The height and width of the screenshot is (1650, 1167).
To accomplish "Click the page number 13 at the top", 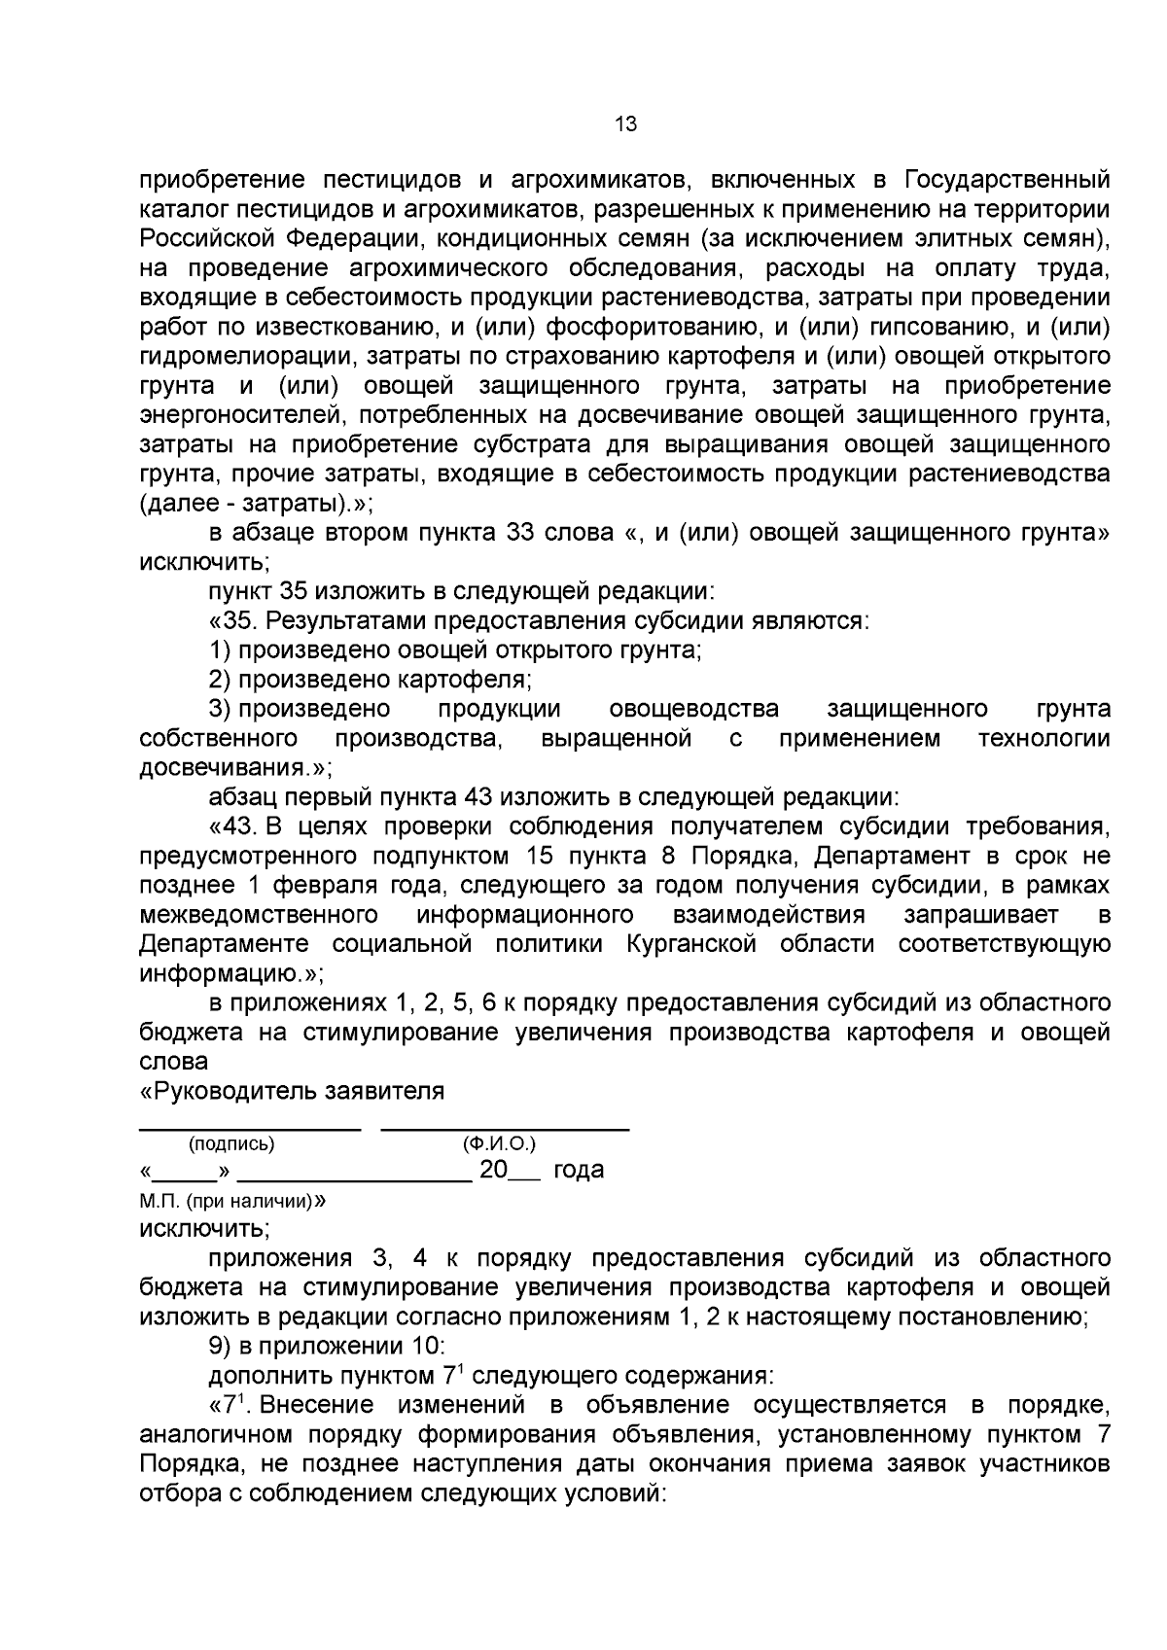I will point(625,124).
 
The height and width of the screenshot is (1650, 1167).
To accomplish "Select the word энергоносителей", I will point(242,416).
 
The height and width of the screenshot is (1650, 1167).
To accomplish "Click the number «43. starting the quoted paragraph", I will point(233,827).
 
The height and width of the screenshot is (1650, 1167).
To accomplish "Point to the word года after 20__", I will point(579,1170).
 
